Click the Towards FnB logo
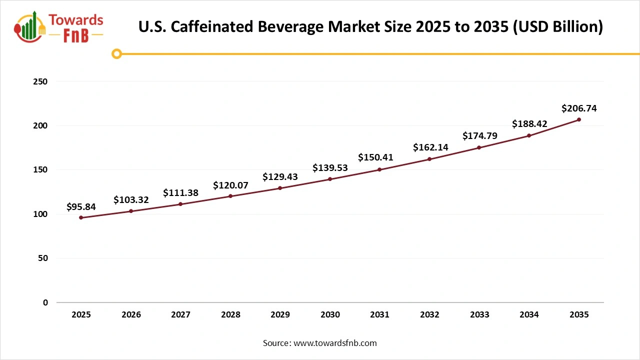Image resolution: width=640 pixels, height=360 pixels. point(59,27)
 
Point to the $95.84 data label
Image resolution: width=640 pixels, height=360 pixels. point(81,206)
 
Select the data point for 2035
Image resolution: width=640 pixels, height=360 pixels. point(579,119)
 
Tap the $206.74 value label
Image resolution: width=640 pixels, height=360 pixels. point(579,108)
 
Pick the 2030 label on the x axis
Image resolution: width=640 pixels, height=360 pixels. point(330,314)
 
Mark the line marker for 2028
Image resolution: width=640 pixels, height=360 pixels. point(230,196)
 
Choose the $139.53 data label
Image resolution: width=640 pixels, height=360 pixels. point(330,168)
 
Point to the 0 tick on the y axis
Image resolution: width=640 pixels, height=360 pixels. point(45,302)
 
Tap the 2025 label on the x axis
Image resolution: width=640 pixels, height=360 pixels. point(81,314)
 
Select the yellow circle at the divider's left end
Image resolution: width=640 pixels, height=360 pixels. point(116,54)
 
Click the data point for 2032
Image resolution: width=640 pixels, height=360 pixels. point(429,159)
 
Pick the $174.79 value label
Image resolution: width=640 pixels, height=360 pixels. point(479,135)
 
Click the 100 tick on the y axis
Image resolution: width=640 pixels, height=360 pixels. point(41,214)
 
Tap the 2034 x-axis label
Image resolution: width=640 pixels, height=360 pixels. point(529,314)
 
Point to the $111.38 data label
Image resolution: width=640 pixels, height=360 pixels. point(180,192)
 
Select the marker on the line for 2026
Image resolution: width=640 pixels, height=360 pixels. point(131,211)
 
